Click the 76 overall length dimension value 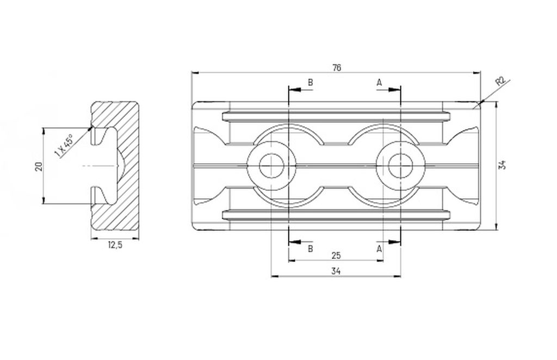pyautogui.click(x=337, y=67)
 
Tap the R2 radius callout pyautogui.click(x=500, y=82)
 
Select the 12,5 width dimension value pyautogui.click(x=115, y=245)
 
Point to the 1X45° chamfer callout pyautogui.click(x=64, y=146)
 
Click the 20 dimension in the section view pyautogui.click(x=39, y=166)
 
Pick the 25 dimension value pyautogui.click(x=336, y=255)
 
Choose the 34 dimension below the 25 pyautogui.click(x=336, y=271)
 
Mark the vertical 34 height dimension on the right pyautogui.click(x=502, y=165)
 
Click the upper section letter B pyautogui.click(x=310, y=83)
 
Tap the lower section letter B pyautogui.click(x=310, y=249)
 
